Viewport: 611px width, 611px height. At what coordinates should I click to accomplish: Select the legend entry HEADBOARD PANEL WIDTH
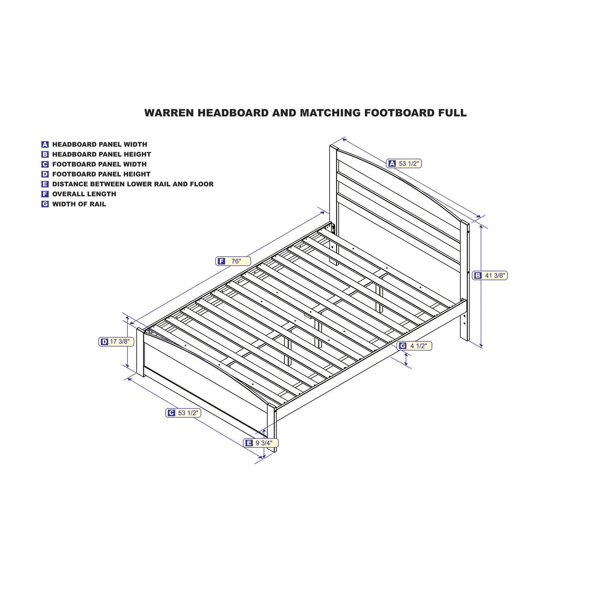pyautogui.click(x=99, y=144)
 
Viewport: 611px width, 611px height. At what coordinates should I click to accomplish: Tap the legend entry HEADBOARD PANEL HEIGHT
pyautogui.click(x=101, y=154)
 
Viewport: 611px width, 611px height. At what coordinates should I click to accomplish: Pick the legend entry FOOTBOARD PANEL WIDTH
pyautogui.click(x=99, y=164)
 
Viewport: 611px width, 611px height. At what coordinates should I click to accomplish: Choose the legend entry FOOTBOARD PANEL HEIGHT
pyautogui.click(x=101, y=174)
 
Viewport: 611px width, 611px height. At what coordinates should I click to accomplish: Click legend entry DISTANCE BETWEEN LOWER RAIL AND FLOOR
pyautogui.click(x=132, y=184)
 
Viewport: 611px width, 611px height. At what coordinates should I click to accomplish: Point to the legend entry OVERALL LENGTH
pyautogui.click(x=84, y=194)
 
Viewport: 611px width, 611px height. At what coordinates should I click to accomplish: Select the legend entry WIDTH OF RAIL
pyautogui.click(x=79, y=204)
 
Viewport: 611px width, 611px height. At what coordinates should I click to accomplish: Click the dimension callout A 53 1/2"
pyautogui.click(x=404, y=163)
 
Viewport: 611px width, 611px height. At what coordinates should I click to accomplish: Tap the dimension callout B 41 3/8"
pyautogui.click(x=490, y=276)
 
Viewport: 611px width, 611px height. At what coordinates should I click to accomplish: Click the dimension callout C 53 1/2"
pyautogui.click(x=183, y=413)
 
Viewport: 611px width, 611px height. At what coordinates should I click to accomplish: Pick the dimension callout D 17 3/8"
pyautogui.click(x=116, y=342)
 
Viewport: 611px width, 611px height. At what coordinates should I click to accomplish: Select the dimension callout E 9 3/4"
pyautogui.click(x=261, y=443)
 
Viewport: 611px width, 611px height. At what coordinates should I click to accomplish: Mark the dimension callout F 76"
pyautogui.click(x=233, y=262)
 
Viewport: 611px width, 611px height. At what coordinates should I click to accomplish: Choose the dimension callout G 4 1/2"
pyautogui.click(x=414, y=346)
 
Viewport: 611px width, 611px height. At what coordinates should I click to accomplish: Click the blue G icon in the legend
pyautogui.click(x=45, y=204)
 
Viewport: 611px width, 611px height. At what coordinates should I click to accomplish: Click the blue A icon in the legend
pyautogui.click(x=45, y=144)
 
